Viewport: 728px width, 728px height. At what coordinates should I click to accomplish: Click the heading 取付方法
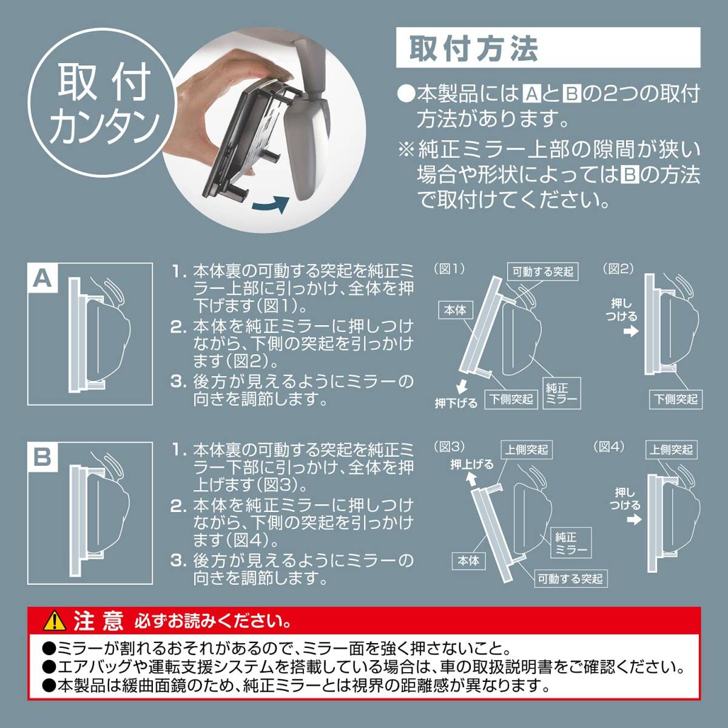coord(473,49)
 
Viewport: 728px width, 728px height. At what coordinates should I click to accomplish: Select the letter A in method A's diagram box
coord(42,278)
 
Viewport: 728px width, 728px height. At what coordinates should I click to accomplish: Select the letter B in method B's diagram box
coord(42,456)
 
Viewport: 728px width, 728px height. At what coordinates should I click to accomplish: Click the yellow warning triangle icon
coord(55,620)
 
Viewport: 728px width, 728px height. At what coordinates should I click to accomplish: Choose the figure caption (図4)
coord(608,447)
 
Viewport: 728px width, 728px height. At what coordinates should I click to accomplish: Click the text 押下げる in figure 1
coord(456,402)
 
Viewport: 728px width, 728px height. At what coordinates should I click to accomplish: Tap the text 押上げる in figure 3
coord(471,465)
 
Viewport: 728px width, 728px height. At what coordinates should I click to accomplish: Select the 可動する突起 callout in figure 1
coord(543,272)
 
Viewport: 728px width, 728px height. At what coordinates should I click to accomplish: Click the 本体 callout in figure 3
coord(468,561)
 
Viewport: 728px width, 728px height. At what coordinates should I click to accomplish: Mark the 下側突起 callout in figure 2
coord(676,399)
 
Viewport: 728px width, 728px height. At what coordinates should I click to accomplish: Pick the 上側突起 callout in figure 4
coord(671,450)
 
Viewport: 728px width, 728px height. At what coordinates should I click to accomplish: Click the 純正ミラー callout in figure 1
coord(561,393)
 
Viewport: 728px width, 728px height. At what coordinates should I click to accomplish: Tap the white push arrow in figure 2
coord(631,331)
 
